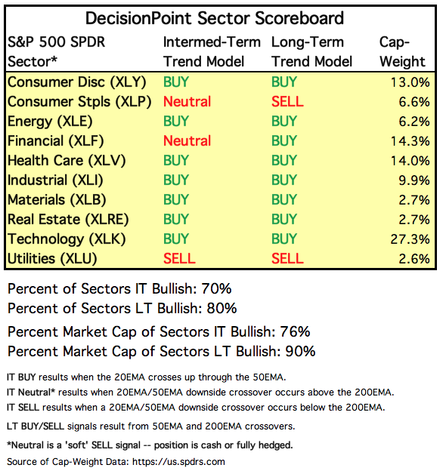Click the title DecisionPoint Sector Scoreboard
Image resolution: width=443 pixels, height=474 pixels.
(215, 18)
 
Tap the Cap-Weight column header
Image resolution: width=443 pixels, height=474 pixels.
(402, 51)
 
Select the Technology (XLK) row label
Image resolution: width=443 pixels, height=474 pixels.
(67, 239)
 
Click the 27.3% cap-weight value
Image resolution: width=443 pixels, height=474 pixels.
(410, 239)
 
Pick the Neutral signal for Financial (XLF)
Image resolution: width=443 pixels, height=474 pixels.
(187, 141)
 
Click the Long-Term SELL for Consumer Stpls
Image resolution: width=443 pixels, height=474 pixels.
(287, 102)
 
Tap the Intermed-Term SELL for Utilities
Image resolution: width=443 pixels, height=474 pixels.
(179, 259)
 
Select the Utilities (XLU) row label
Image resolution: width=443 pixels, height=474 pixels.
(52, 259)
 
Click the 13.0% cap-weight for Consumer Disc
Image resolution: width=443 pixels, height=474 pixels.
(410, 82)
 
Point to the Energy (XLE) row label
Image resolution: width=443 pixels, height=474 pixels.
(50, 122)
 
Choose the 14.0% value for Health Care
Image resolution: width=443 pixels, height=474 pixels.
(410, 161)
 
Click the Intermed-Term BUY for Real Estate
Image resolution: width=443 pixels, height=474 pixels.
(176, 220)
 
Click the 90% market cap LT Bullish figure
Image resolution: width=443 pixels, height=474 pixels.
(300, 351)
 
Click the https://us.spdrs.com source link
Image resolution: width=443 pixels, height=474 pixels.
(178, 462)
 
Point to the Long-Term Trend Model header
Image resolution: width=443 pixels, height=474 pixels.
(312, 51)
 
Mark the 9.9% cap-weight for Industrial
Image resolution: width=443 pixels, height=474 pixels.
(414, 180)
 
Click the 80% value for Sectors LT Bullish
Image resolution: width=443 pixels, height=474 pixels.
(221, 309)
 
